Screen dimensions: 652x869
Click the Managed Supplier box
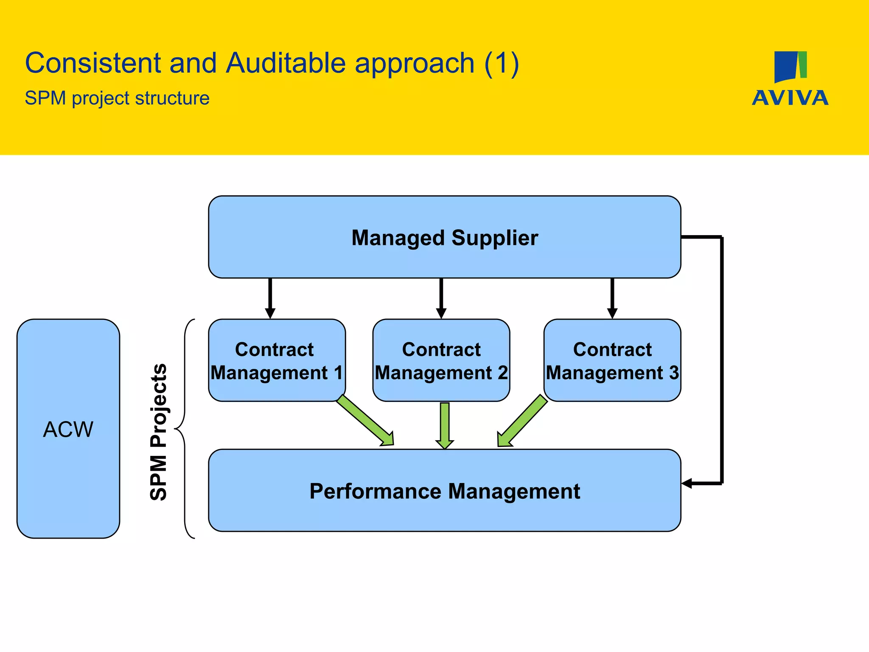pyautogui.click(x=444, y=237)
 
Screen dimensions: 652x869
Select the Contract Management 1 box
pyautogui.click(x=277, y=360)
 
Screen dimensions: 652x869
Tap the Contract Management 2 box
pyautogui.click(x=441, y=360)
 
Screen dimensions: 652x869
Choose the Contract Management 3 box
pyautogui.click(x=612, y=360)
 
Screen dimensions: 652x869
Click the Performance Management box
pyautogui.click(x=444, y=491)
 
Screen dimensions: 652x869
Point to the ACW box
pyautogui.click(x=68, y=429)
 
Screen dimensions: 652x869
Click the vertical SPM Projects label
pyautogui.click(x=159, y=432)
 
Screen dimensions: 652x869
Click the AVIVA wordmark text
pyautogui.click(x=790, y=98)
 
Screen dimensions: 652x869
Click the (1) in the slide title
pyautogui.click(x=502, y=63)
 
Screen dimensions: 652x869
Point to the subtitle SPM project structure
pyautogui.click(x=117, y=98)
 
